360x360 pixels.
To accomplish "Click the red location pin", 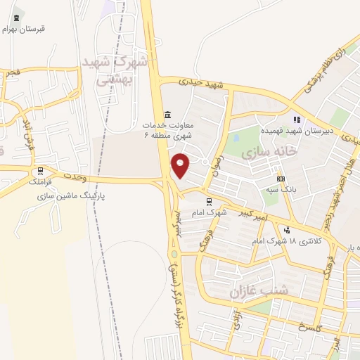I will point(181,165).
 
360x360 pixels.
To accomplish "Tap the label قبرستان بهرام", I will point(23,30).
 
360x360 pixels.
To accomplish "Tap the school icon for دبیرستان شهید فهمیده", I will point(297,119).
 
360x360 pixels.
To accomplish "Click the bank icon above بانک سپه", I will point(281,179).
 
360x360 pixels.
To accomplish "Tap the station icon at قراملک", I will point(40,171).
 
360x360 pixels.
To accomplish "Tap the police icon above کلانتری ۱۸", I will point(286,230).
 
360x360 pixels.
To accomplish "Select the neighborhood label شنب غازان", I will point(250,290).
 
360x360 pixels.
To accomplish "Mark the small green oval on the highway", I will point(174,253).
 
